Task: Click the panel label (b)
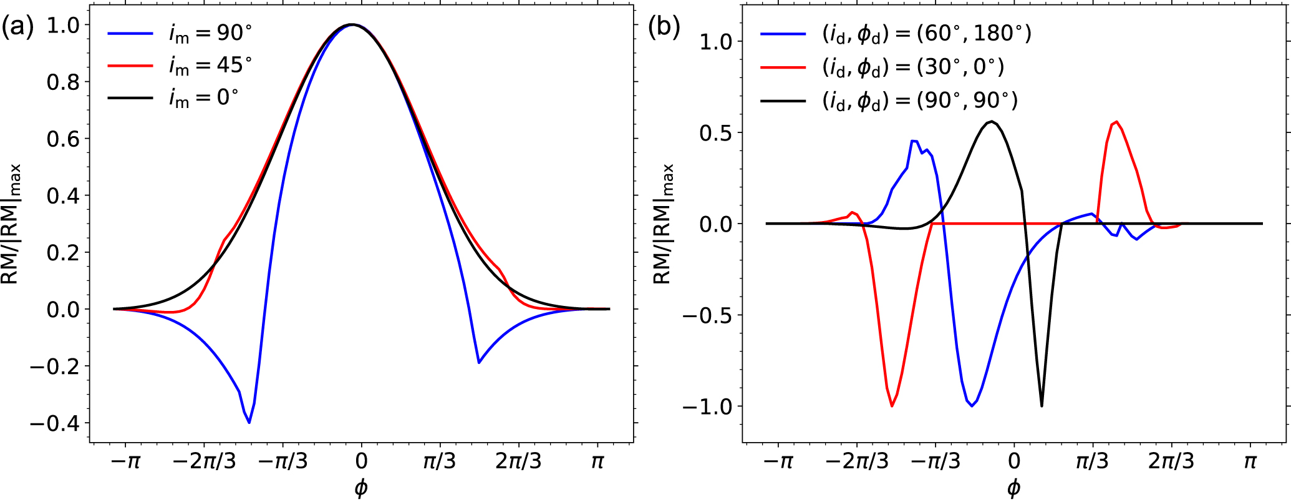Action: (x=664, y=27)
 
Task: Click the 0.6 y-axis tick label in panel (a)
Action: (x=63, y=139)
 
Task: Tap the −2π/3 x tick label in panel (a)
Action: (x=204, y=462)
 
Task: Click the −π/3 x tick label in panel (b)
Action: (x=936, y=462)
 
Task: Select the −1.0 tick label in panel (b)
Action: (x=707, y=406)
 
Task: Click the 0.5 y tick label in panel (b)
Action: (x=715, y=133)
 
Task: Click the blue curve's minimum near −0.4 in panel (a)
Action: (x=249, y=423)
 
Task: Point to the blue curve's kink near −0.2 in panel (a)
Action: (x=478, y=363)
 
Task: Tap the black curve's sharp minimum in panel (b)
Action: (x=1042, y=406)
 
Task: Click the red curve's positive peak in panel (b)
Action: (x=1116, y=122)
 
